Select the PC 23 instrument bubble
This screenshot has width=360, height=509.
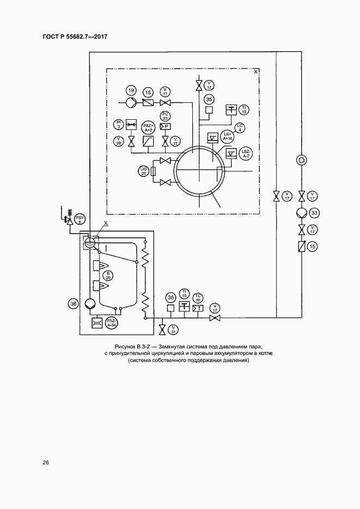166,115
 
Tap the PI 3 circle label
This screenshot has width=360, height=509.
118,124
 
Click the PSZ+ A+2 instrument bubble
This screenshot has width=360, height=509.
148,127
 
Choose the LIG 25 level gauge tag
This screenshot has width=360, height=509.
144,171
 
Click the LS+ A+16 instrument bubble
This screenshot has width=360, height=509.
228,137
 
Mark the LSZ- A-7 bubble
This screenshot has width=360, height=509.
246,155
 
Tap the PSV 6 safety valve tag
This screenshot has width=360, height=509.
80,219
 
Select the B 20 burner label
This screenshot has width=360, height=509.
108,275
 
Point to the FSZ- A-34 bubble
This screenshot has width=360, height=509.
112,322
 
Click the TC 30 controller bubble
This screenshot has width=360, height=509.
198,298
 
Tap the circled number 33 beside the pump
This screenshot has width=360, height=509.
313,212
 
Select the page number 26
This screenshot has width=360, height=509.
46,463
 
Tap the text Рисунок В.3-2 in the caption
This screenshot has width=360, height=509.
133,347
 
